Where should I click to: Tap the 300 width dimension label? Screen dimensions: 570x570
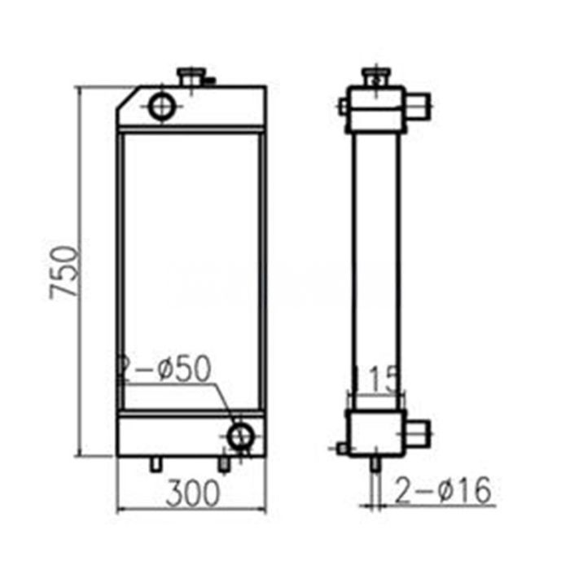tap(194, 493)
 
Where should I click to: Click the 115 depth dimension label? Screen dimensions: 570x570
tap(375, 379)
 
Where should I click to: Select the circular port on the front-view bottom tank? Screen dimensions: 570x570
tap(240, 436)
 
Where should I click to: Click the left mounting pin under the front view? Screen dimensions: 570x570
tap(155, 463)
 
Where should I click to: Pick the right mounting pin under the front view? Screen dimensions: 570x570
tap(223, 463)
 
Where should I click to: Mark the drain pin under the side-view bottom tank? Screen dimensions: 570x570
tap(375, 463)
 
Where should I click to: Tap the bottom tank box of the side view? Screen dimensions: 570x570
tap(375, 432)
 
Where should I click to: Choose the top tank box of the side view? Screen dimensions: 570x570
tap(375, 109)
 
